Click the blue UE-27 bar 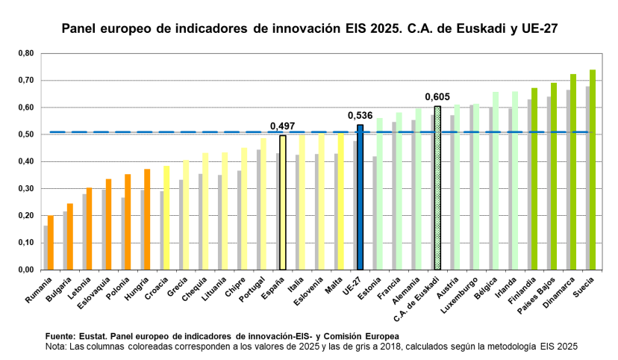click(360, 197)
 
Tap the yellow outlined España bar click(283, 202)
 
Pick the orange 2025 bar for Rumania click(51, 242)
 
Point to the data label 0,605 click(437, 96)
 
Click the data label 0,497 click(282, 126)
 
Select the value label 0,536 click(360, 116)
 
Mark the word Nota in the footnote click(57, 347)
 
